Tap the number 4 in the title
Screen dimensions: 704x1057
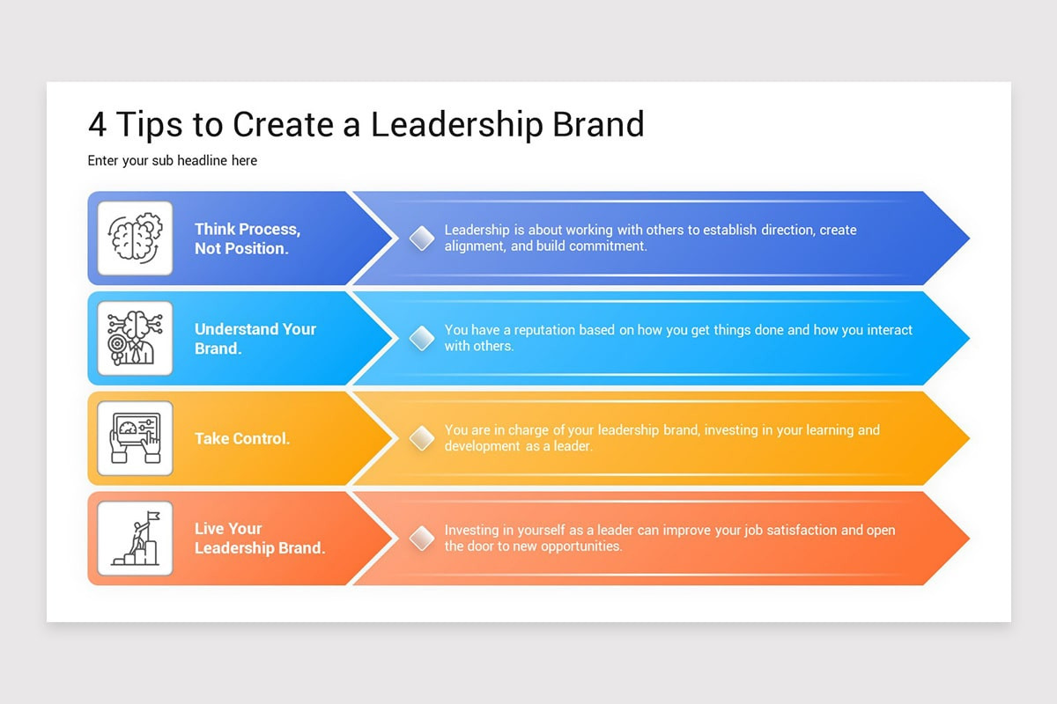(98, 125)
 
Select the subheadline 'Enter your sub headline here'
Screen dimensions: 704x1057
(173, 161)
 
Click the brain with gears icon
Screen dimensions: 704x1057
(135, 238)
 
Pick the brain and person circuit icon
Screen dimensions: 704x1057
(135, 338)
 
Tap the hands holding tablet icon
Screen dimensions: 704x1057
(135, 438)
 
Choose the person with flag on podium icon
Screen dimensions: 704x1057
(135, 539)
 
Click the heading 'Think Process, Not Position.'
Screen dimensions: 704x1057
(247, 238)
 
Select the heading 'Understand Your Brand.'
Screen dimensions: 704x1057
(255, 339)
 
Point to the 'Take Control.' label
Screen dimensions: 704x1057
(242, 438)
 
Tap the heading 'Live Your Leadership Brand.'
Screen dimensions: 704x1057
(259, 539)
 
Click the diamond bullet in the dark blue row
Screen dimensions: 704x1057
(422, 238)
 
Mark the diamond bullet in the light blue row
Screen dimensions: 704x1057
(422, 338)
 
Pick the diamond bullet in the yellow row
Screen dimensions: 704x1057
(422, 438)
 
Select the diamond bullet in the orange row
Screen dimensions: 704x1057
(422, 539)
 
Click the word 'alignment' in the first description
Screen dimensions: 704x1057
(474, 246)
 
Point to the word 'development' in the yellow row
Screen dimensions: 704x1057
(482, 446)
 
